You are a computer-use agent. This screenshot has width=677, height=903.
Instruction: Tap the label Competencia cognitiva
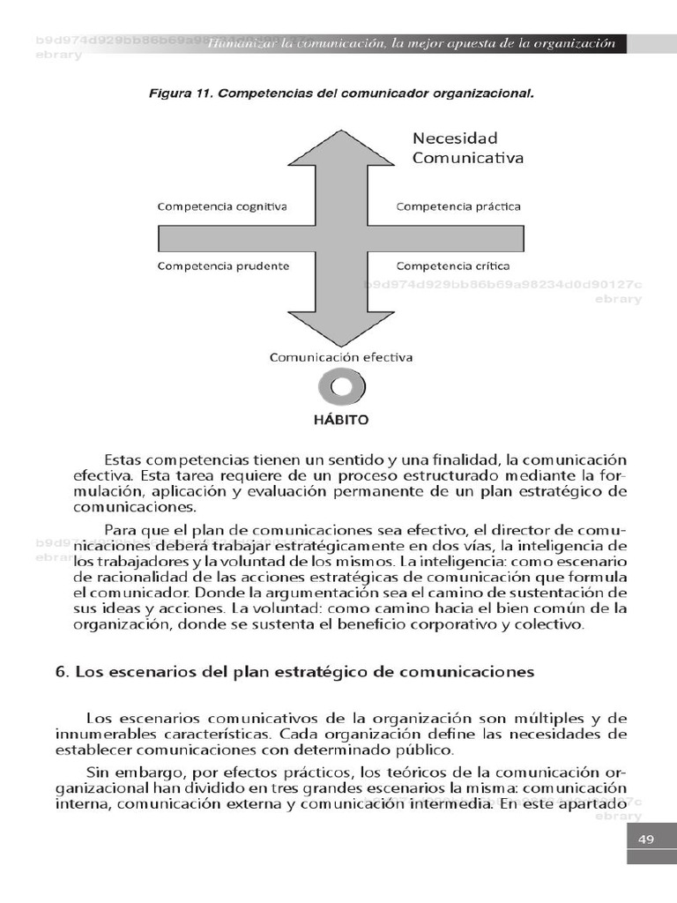[222, 206]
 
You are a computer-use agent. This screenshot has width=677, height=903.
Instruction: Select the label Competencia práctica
[458, 206]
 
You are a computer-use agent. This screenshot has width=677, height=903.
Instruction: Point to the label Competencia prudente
[223, 265]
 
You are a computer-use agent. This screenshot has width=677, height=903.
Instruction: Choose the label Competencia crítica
[452, 265]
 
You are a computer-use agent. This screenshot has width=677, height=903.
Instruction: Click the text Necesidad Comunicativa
[467, 148]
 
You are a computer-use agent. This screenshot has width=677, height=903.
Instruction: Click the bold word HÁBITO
[341, 421]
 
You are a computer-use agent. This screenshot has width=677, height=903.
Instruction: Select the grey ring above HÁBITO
[341, 387]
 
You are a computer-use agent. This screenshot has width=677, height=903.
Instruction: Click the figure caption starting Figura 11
[341, 92]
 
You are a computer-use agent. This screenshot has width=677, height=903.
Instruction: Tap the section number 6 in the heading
[61, 672]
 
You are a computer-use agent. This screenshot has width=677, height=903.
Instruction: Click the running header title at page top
[411, 45]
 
